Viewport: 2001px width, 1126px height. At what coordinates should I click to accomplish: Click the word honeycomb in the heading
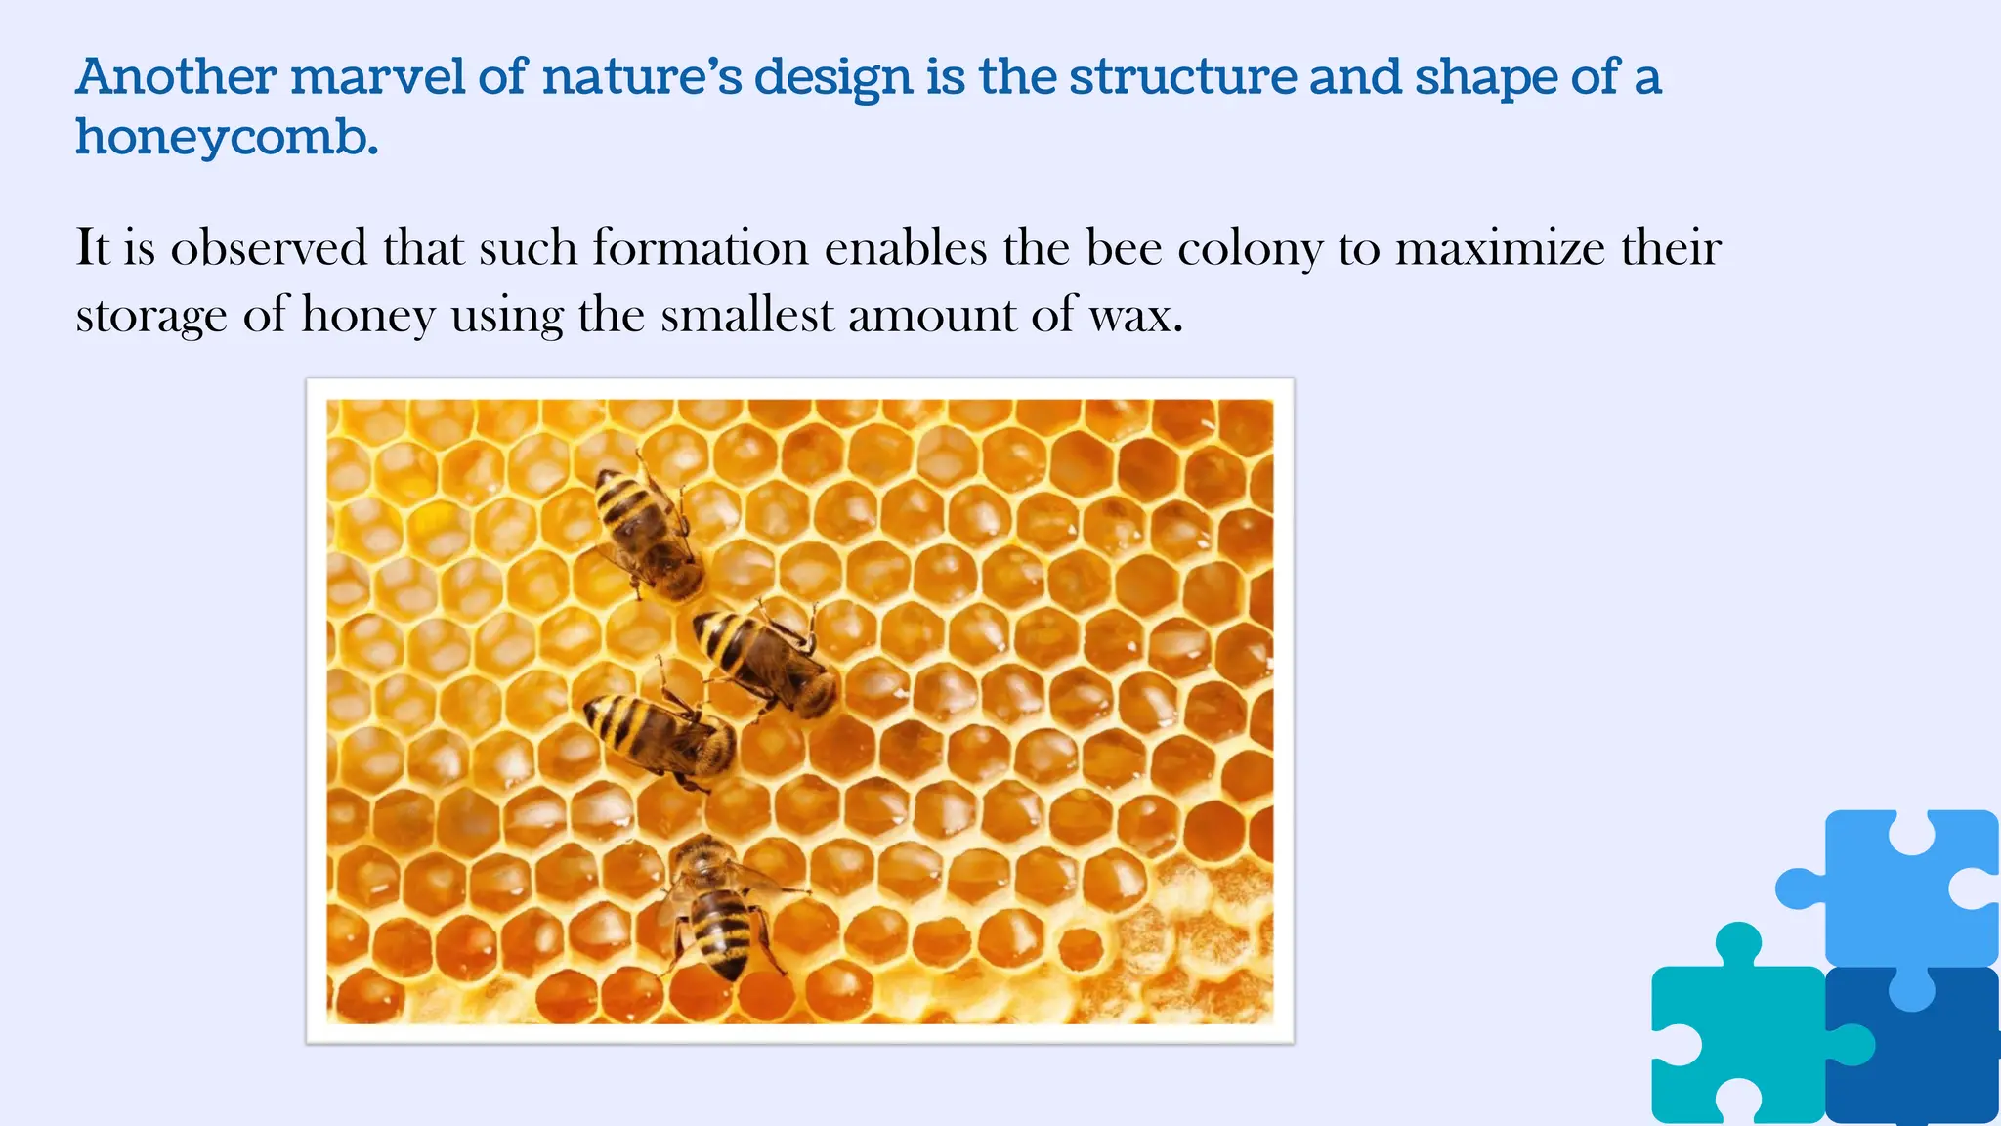[x=227, y=137]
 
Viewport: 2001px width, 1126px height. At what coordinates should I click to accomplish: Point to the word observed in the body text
[x=269, y=247]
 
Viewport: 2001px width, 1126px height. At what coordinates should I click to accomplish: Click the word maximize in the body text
[x=1500, y=247]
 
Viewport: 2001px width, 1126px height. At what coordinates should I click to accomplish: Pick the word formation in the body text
[x=700, y=247]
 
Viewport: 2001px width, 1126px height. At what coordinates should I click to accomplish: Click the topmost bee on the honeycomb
[x=648, y=533]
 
